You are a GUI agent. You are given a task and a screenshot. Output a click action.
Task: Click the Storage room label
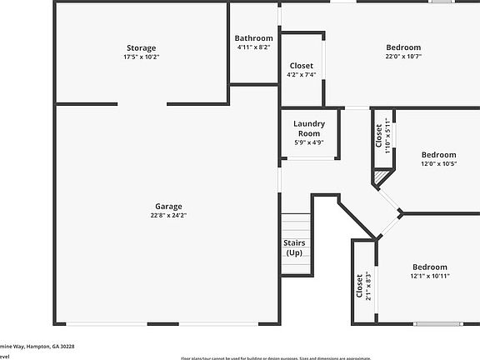click(x=141, y=48)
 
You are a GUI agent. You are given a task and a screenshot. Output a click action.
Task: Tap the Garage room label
click(x=168, y=207)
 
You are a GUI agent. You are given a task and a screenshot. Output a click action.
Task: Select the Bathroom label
click(x=253, y=38)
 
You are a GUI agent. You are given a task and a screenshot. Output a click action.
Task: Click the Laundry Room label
click(x=308, y=128)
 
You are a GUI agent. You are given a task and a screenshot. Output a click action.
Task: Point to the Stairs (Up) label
click(x=294, y=247)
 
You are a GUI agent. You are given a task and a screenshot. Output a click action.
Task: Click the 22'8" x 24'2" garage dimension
click(x=168, y=216)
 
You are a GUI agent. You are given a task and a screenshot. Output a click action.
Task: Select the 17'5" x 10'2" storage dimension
click(x=141, y=57)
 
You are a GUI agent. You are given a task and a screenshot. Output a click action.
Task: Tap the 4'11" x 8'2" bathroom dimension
click(x=253, y=47)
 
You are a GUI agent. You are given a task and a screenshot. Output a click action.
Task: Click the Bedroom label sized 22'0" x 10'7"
click(x=402, y=47)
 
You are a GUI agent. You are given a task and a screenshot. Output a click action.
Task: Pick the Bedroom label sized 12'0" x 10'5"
click(x=438, y=155)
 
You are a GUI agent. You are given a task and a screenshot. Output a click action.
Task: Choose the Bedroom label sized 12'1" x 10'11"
click(x=430, y=267)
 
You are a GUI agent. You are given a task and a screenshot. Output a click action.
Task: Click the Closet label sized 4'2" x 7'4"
click(x=301, y=66)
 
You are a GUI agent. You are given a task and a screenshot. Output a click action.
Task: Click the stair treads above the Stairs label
click(x=295, y=225)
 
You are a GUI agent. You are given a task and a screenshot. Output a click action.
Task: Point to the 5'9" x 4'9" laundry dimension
click(x=308, y=142)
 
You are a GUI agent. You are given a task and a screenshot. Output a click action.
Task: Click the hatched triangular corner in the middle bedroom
click(x=381, y=177)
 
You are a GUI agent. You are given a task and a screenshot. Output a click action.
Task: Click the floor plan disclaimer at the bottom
click(x=276, y=357)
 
